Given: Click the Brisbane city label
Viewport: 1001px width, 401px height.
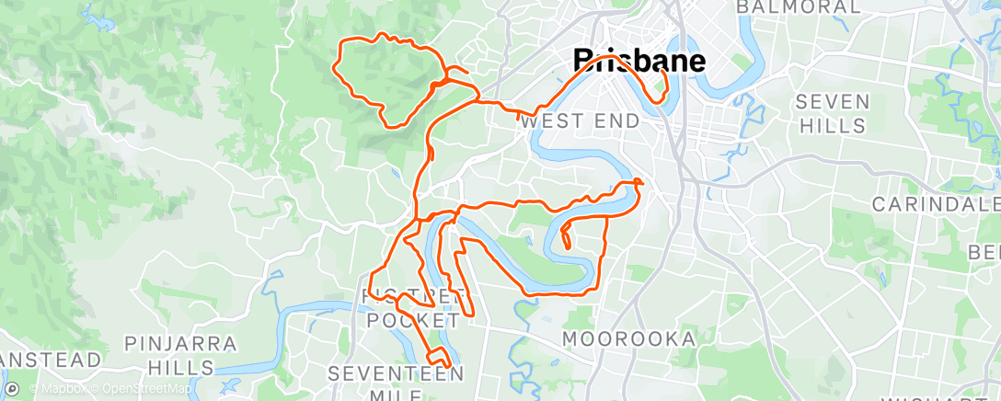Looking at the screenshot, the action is (639, 62).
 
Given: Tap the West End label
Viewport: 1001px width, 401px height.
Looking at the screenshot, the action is (580, 120).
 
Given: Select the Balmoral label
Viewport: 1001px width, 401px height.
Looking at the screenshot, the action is (799, 7).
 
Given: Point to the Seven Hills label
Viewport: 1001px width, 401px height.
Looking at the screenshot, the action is (833, 113).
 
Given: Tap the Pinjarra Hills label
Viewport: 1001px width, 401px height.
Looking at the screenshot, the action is (180, 356).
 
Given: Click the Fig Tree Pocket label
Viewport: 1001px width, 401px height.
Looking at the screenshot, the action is (412, 307).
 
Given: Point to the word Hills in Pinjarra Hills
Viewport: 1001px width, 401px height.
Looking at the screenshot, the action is (180, 368).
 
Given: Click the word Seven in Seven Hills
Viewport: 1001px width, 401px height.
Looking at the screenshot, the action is (833, 100).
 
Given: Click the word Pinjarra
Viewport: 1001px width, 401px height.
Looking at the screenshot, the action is (180, 344).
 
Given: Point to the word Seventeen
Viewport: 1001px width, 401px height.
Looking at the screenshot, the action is (397, 373).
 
